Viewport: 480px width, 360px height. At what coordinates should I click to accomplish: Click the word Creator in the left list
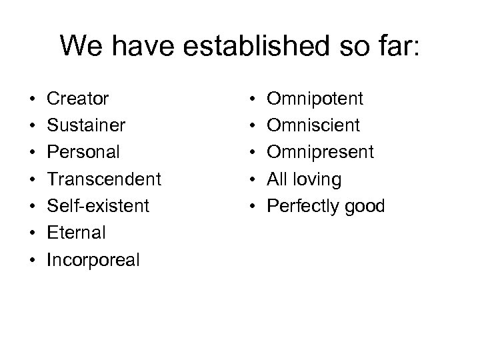coord(77,99)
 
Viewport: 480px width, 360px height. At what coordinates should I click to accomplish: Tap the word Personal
coord(83,153)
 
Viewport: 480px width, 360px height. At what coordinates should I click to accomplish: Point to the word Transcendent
coord(103,179)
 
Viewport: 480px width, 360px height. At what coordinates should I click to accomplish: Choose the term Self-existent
coord(98,206)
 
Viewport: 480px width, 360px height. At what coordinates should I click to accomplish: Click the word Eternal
coord(75,233)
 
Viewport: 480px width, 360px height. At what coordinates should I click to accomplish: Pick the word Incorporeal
coord(93,259)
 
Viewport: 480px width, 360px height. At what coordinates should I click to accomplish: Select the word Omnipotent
coord(315,99)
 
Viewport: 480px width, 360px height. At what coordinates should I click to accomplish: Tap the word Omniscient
coord(313,126)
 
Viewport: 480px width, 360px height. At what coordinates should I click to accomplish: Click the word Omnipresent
coord(321,153)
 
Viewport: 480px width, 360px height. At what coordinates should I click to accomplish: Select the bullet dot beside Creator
coord(32,100)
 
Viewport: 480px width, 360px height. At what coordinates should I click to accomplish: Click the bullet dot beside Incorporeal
coord(32,260)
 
